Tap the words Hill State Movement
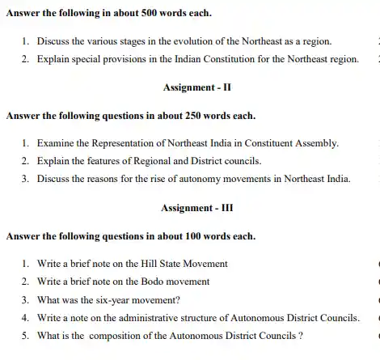[x=182, y=263]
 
